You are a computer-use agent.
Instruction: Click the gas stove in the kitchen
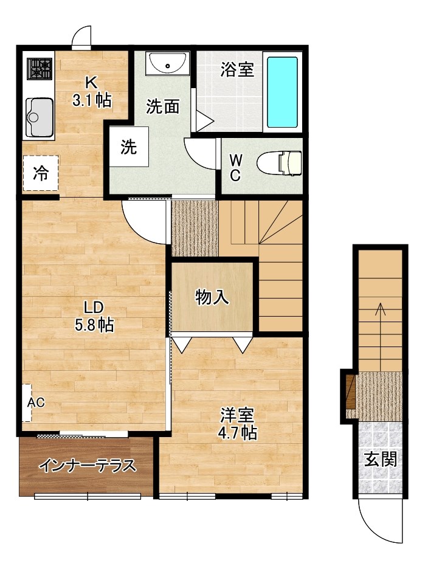(x=40, y=69)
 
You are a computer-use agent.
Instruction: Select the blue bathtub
(x=283, y=92)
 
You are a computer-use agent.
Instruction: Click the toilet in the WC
(x=280, y=164)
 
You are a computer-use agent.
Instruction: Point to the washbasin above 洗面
(x=167, y=63)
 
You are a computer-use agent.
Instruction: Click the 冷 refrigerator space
(x=41, y=174)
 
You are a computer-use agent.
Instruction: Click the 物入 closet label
(x=212, y=297)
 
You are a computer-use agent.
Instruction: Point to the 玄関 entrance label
(x=381, y=459)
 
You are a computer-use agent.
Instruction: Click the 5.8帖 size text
(x=94, y=325)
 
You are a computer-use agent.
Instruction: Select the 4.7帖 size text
(x=238, y=433)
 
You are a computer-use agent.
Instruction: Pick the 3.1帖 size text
(x=92, y=100)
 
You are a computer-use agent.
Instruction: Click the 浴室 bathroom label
(x=237, y=70)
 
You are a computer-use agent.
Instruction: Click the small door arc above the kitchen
(x=81, y=38)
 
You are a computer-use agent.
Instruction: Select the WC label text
(x=236, y=168)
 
